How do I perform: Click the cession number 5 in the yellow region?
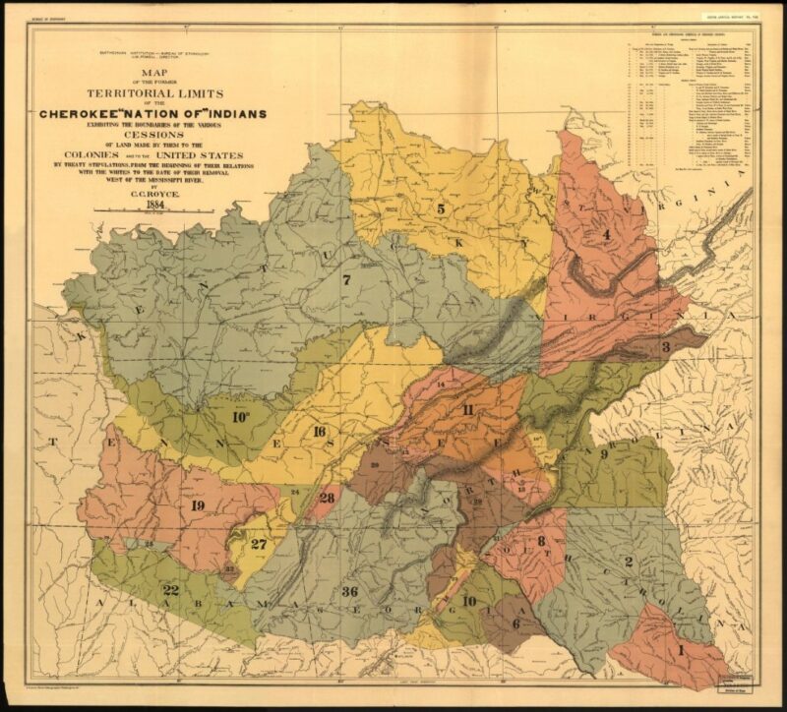(441, 208)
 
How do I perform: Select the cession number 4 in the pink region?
(607, 234)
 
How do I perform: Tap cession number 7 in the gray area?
(346, 279)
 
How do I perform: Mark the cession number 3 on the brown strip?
(666, 347)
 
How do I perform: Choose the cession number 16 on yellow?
(319, 433)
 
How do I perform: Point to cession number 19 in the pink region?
(198, 505)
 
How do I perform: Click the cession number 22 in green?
(170, 590)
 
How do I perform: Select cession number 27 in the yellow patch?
(259, 544)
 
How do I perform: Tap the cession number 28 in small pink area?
(327, 498)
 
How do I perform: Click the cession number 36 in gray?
(349, 591)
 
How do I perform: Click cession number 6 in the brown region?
(515, 623)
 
